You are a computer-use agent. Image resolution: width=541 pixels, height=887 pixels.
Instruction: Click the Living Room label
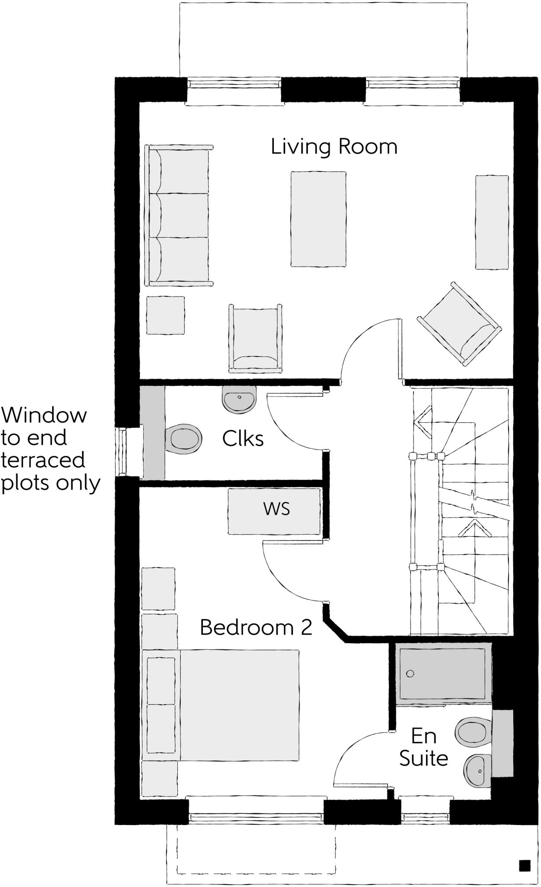tap(334, 146)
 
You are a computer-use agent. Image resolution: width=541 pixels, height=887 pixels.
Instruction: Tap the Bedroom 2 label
tap(256, 627)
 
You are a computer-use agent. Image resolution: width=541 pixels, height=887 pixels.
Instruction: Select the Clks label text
tap(243, 439)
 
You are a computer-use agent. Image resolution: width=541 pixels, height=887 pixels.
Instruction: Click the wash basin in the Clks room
tap(239, 399)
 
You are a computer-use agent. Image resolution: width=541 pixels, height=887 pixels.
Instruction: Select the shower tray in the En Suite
tap(442, 673)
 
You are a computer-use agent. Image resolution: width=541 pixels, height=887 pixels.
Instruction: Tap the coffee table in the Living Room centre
tap(319, 219)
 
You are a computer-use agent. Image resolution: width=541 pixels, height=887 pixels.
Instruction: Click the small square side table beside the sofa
tap(165, 315)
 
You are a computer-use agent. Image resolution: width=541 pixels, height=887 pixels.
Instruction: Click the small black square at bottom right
tap(525, 865)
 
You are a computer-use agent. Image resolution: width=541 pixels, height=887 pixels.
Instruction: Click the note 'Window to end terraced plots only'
tap(50, 449)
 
